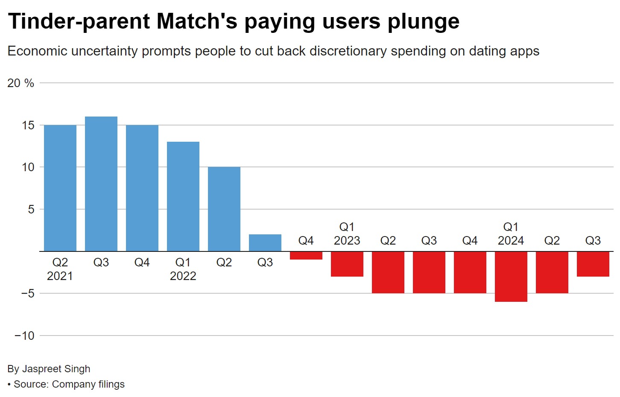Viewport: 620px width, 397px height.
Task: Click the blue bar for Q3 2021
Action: [101, 184]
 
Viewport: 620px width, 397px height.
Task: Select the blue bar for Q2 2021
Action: [60, 188]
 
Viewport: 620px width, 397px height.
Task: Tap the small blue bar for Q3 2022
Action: [265, 243]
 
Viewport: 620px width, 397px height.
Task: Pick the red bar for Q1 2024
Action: [511, 277]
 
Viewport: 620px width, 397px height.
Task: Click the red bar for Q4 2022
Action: [306, 255]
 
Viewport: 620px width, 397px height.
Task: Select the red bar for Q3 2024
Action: [593, 264]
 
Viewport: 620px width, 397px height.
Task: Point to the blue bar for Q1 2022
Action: [183, 196]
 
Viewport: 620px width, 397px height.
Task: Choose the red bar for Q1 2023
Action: [347, 264]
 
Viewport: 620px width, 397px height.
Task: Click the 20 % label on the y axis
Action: [20, 83]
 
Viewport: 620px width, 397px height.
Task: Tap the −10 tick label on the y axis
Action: [24, 336]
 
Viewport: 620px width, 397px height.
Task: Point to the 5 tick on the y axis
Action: [31, 209]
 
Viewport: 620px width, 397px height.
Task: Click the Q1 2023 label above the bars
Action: [347, 234]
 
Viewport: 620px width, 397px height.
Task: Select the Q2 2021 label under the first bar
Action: [60, 269]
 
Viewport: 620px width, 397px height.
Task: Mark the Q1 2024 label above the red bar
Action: [511, 234]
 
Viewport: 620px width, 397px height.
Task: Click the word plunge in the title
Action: [423, 21]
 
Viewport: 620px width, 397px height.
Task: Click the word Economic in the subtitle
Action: [38, 51]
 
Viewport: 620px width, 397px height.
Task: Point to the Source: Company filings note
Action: [69, 384]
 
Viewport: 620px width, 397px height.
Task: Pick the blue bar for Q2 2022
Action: [224, 209]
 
